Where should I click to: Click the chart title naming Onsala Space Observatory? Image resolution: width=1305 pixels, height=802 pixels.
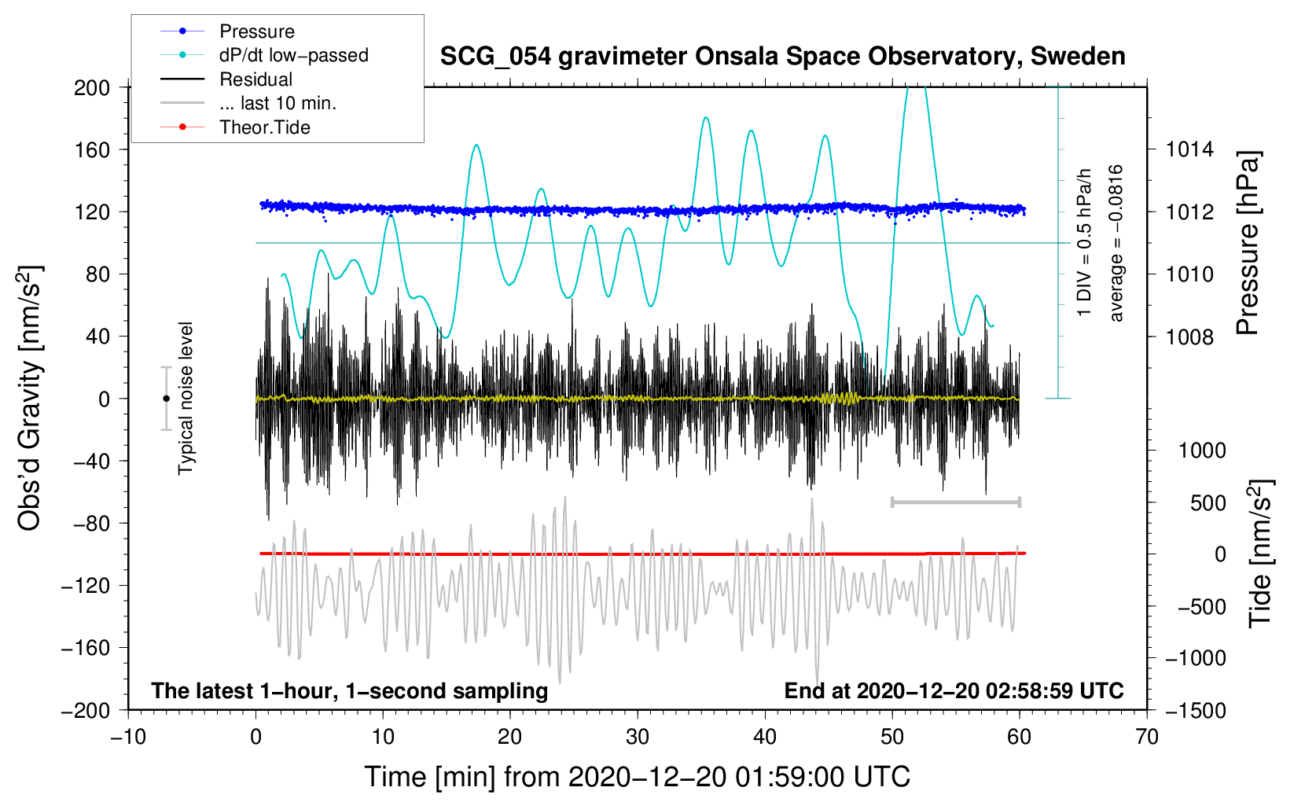pos(782,57)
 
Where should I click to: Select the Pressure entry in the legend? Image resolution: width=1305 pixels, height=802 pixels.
pos(228,31)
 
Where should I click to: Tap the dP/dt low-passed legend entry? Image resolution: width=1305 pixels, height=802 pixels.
pos(264,55)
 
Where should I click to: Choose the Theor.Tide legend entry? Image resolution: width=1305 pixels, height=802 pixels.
pos(235,127)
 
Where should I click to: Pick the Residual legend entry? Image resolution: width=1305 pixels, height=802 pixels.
pos(226,79)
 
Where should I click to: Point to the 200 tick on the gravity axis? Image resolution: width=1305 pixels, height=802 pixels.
pos(92,88)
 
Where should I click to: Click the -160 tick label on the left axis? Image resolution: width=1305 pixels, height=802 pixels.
pos(86,648)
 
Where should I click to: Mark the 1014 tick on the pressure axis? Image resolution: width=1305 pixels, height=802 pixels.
pos(1189,150)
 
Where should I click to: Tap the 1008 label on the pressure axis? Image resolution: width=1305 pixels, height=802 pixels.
pos(1189,337)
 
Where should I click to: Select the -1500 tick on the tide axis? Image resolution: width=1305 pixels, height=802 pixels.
pos(1196,711)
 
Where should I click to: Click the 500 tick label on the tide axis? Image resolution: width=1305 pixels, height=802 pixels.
pos(1208,503)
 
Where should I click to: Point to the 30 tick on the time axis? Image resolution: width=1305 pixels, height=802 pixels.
pos(638,737)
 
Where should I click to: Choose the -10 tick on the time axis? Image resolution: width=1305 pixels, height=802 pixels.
pos(128,737)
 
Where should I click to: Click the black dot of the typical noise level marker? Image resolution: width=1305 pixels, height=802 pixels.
pos(166,399)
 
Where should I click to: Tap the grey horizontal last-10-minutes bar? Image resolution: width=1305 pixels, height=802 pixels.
pos(955,502)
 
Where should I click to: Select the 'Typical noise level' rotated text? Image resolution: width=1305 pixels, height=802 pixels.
pos(186,399)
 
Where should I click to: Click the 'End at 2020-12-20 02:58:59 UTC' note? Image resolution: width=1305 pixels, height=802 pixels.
pos(954,690)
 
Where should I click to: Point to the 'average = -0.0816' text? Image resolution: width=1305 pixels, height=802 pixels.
pos(1115,243)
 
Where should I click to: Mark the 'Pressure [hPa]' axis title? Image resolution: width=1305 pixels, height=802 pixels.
pos(1248,243)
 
